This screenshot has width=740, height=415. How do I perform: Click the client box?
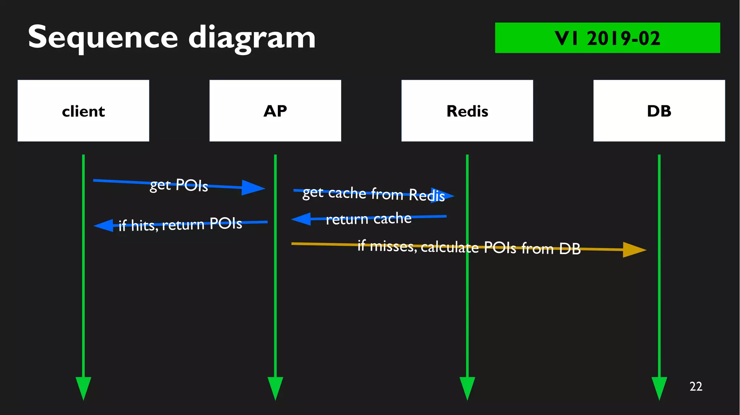pyautogui.click(x=83, y=110)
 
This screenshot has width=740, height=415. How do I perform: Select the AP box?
pyautogui.click(x=275, y=110)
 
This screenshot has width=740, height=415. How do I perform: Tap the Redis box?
pyautogui.click(x=467, y=110)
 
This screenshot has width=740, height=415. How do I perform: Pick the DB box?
pyautogui.click(x=659, y=110)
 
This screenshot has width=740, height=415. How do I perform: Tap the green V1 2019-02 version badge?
pyautogui.click(x=607, y=38)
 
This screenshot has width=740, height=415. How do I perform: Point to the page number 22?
pyautogui.click(x=696, y=386)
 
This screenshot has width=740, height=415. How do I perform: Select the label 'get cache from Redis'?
pyautogui.click(x=374, y=194)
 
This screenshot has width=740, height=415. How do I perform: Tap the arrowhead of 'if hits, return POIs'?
pyautogui.click(x=104, y=226)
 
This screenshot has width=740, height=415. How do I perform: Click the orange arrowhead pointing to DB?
pyautogui.click(x=634, y=250)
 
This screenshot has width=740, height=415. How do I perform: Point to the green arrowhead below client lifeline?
pyautogui.click(x=83, y=388)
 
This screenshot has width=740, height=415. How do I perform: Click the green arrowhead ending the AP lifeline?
pyautogui.click(x=275, y=388)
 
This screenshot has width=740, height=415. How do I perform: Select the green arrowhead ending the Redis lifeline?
pyautogui.click(x=467, y=388)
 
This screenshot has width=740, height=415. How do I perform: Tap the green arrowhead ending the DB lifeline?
pyautogui.click(x=659, y=388)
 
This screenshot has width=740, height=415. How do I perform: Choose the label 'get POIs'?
pyautogui.click(x=179, y=185)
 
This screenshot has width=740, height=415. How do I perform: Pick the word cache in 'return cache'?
pyautogui.click(x=392, y=218)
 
